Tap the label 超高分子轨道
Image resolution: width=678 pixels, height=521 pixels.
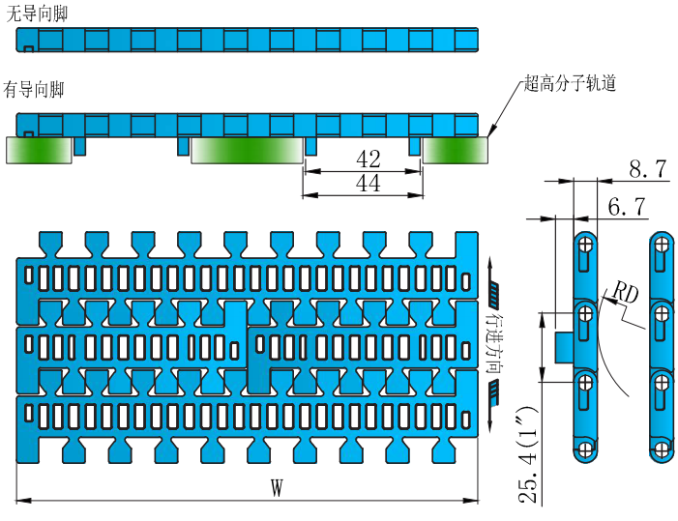click(570, 84)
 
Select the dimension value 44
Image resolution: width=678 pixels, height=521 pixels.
click(368, 184)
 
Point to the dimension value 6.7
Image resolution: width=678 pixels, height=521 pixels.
click(626, 206)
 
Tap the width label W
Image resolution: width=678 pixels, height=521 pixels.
click(276, 489)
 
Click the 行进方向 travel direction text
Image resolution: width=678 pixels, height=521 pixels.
click(494, 343)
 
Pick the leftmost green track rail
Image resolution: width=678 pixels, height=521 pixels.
click(40, 151)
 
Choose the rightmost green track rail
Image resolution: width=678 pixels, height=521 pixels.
click(455, 151)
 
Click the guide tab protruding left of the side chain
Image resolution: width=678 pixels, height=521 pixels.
click(562, 346)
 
